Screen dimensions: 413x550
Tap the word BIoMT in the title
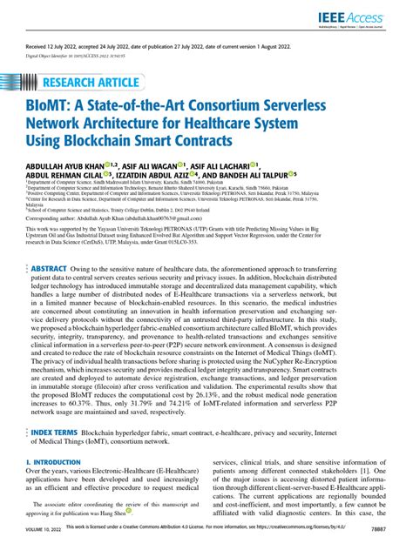point(51,111)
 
